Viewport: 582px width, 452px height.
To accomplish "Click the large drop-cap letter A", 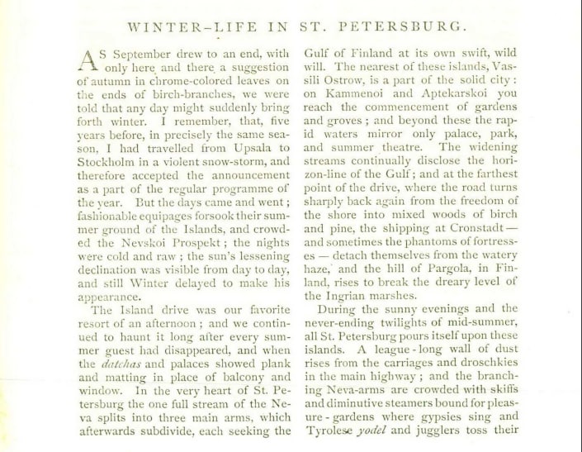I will click(x=89, y=59).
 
